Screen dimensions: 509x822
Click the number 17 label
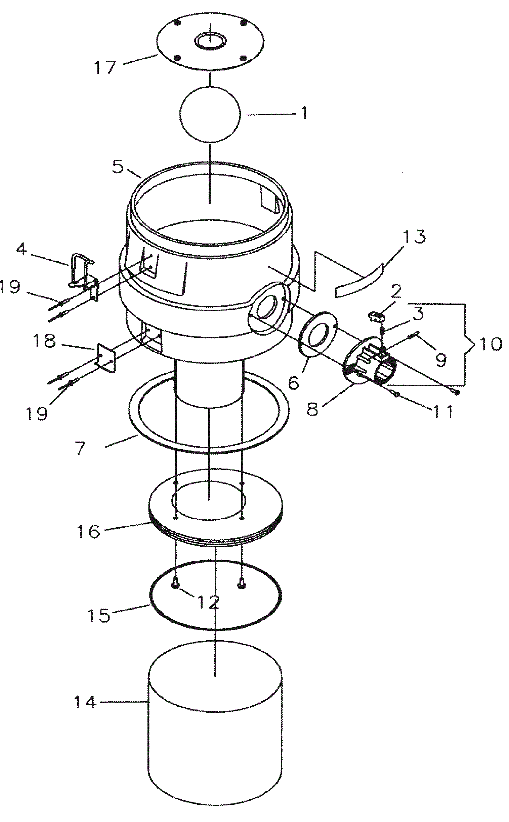coord(105,67)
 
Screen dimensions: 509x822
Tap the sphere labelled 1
coord(210,115)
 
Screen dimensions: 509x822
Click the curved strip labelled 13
coord(359,280)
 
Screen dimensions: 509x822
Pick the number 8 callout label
coord(312,409)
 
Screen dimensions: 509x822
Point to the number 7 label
coord(80,448)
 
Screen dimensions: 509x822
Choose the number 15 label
coord(99,615)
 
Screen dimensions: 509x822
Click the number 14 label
coord(85,702)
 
